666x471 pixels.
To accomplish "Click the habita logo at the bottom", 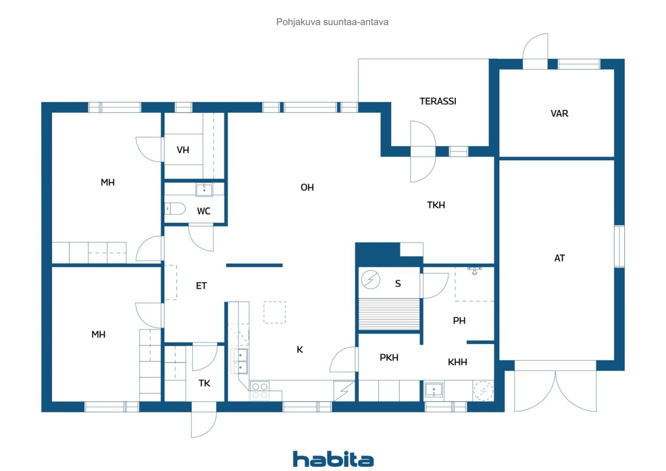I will point(333,460).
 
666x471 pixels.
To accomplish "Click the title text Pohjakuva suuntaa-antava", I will point(333,22).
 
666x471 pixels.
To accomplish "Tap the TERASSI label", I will point(438,101).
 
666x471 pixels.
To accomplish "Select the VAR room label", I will point(559,113).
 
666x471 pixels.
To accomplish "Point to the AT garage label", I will point(559,258).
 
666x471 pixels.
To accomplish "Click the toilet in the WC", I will point(174,209).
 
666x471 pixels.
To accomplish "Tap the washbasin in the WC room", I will point(204,190).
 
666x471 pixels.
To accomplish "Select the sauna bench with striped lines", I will point(389,314).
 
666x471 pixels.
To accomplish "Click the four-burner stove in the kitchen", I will point(260,390).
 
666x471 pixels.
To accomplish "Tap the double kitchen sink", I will point(240,361).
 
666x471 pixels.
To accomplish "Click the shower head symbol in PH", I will point(474,270).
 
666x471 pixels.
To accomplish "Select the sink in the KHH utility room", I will point(433,390).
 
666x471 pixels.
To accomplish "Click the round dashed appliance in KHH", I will point(483,390).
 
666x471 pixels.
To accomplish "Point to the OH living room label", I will point(307,187).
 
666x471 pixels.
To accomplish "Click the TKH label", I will point(436,205).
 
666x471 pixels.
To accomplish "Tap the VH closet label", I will point(183,150).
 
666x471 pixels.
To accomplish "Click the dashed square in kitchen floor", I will point(274,312).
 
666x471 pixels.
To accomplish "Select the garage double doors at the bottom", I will point(555,390).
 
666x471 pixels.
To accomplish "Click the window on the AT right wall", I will point(619,246).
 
